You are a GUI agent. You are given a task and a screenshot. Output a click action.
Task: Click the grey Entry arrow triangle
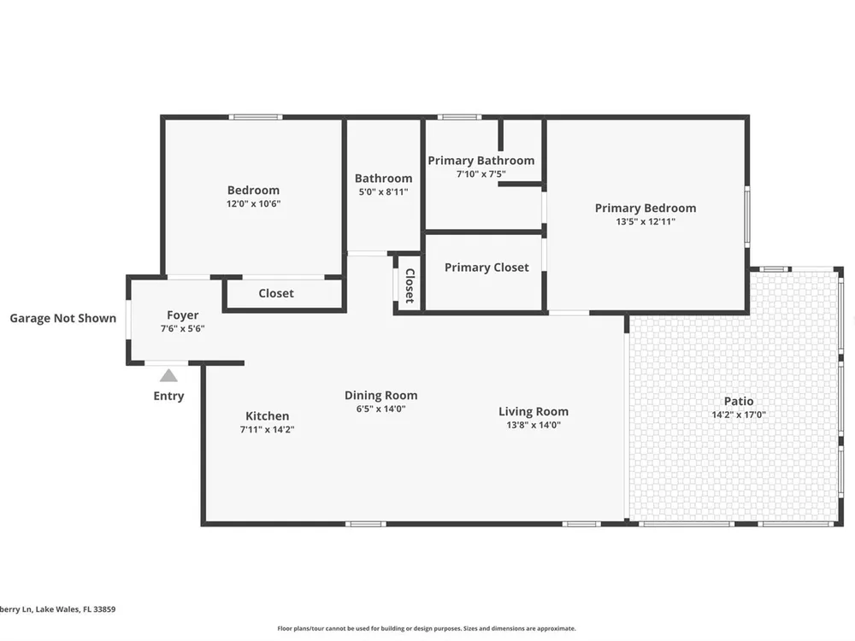[x=168, y=375]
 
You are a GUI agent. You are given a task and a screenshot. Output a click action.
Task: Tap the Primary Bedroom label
[x=645, y=208]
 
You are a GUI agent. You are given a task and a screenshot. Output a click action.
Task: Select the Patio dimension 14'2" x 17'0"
[x=739, y=415]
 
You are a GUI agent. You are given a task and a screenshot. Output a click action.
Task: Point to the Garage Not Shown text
[x=62, y=318]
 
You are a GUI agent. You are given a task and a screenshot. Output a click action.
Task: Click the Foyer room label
[x=183, y=315]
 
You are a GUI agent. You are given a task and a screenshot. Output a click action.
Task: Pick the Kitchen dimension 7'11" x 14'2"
[x=267, y=430]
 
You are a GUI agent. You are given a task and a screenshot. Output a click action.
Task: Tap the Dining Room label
[x=381, y=395]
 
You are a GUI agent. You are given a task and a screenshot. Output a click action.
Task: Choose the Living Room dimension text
[x=534, y=425]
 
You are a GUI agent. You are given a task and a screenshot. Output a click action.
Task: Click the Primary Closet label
[x=486, y=267]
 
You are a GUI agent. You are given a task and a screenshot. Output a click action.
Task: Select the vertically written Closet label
[x=410, y=285]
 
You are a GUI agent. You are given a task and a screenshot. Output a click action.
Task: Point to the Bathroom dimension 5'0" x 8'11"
[x=383, y=191]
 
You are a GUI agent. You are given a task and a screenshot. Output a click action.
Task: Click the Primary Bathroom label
[x=481, y=161]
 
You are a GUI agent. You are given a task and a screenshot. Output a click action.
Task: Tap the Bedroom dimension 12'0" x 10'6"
[x=254, y=204]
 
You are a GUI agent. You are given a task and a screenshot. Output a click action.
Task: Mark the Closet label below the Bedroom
[x=276, y=293]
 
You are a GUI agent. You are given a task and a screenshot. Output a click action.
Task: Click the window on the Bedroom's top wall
[x=255, y=116]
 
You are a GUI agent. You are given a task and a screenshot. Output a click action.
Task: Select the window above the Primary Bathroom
[x=459, y=116]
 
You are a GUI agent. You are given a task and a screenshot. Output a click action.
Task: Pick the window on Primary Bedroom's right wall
[x=747, y=216]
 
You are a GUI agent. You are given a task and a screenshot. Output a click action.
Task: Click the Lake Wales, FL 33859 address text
[x=76, y=609]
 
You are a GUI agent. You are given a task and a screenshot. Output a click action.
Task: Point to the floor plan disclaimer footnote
[x=427, y=628]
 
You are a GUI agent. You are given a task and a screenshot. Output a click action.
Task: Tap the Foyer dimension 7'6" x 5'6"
[x=183, y=329]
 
